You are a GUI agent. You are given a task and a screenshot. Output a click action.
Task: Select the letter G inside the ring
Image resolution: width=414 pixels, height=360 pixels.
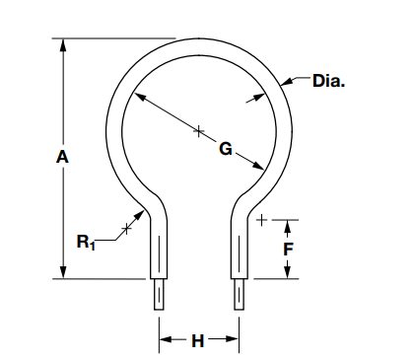(226, 150)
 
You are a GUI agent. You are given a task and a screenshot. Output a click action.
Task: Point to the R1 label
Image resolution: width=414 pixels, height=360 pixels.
(88, 241)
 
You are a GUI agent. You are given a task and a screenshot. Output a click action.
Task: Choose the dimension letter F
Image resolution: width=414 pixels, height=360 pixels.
(288, 250)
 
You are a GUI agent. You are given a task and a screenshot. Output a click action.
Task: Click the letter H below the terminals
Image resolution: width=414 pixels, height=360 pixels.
(197, 341)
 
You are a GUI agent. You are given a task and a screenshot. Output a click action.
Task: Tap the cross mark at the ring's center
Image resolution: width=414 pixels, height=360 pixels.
(199, 129)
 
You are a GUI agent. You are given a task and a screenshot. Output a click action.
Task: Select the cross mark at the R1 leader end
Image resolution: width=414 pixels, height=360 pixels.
(125, 230)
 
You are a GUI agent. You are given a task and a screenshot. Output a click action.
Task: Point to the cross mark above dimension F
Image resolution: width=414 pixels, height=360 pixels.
(261, 219)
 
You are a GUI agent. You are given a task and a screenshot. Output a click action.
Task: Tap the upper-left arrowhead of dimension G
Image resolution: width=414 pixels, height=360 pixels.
(138, 97)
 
